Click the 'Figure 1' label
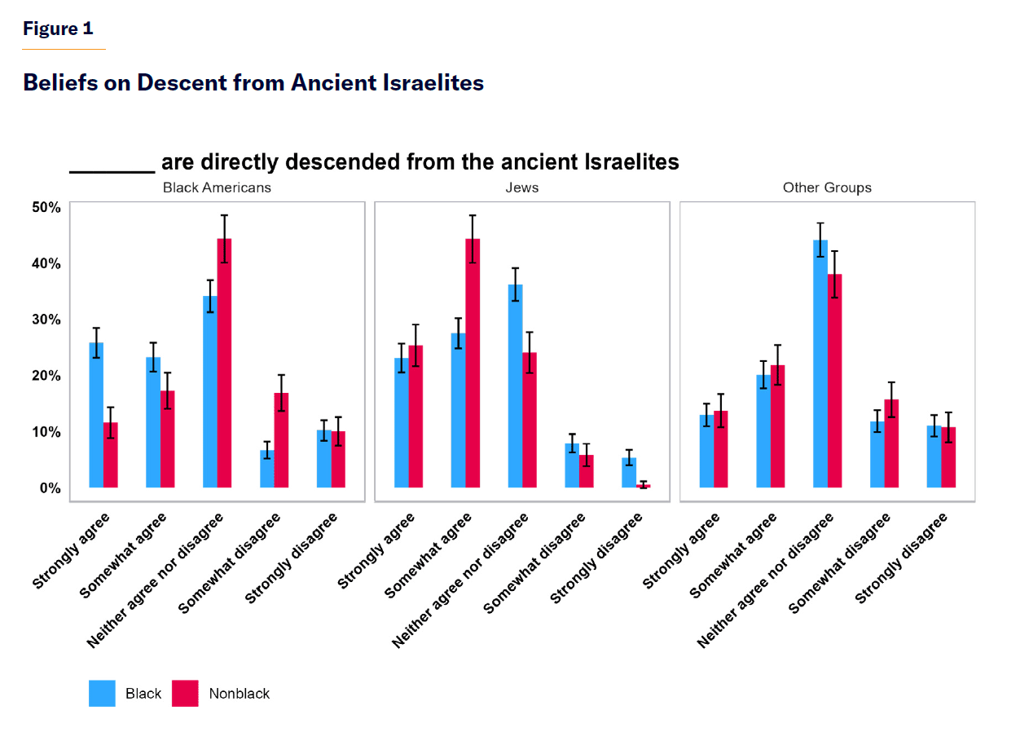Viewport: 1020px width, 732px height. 58,29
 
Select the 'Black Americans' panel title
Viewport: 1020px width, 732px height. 217,187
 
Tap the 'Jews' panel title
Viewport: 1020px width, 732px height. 521,187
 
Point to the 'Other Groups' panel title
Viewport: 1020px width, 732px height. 827,187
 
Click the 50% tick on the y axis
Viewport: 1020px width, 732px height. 46,208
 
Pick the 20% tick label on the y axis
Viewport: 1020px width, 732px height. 46,376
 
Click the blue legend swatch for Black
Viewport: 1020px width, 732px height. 103,694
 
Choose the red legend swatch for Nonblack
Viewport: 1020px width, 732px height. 186,694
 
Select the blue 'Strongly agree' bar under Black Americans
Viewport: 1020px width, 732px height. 96,416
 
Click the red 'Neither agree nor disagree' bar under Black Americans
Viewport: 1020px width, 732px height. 224,364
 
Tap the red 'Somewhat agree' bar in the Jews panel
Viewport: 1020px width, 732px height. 473,364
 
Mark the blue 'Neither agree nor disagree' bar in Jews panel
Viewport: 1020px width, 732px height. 515,386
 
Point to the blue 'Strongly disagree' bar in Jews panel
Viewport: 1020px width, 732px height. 629,473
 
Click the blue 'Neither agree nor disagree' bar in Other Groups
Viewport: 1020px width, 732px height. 820,364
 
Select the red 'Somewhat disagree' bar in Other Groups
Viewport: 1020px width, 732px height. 891,443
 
